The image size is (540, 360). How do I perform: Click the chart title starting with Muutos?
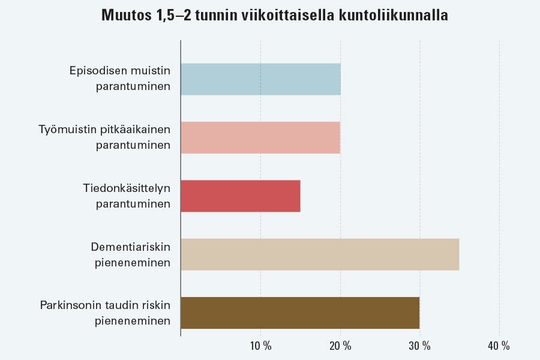pyautogui.click(x=275, y=15)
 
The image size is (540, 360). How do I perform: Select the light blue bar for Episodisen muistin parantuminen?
pyautogui.click(x=260, y=79)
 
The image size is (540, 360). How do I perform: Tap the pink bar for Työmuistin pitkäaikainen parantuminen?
pyautogui.click(x=260, y=137)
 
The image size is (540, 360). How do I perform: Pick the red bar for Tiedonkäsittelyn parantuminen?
pyautogui.click(x=240, y=196)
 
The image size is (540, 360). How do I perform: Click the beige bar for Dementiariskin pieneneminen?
pyautogui.click(x=319, y=254)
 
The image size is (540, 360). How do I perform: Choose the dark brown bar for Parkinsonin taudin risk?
pyautogui.click(x=299, y=313)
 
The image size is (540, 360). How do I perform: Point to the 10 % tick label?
pyautogui.click(x=260, y=346)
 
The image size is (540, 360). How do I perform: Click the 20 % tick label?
pyautogui.click(x=340, y=346)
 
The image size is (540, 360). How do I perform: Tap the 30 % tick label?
pyautogui.click(x=419, y=346)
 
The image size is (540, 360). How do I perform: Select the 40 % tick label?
pyautogui.click(x=499, y=346)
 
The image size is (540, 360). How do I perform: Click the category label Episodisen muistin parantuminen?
pyautogui.click(x=128, y=79)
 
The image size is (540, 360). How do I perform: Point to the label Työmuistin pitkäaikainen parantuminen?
pyautogui.click(x=105, y=137)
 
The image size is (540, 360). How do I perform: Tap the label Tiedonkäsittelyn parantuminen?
pyautogui.click(x=127, y=196)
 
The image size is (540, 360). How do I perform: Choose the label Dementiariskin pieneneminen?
pyautogui.click(x=131, y=254)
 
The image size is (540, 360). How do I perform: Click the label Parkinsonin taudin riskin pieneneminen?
pyautogui.click(x=106, y=313)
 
